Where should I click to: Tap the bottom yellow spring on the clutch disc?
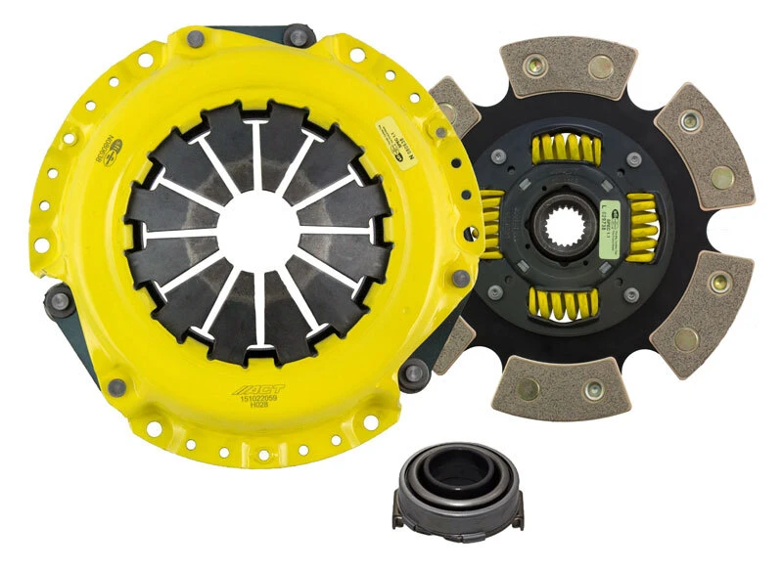[x=566, y=302]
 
